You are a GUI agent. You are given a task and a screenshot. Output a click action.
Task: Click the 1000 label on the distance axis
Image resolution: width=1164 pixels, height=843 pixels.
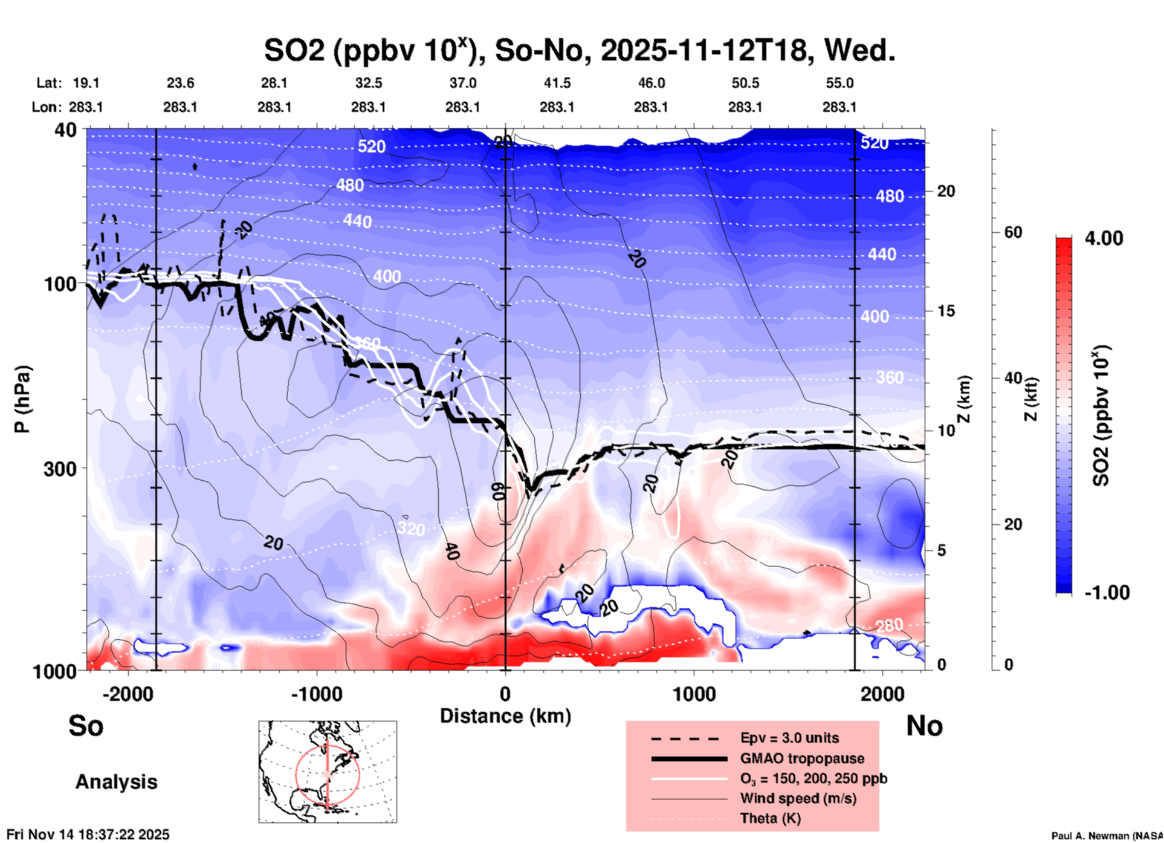[694, 694]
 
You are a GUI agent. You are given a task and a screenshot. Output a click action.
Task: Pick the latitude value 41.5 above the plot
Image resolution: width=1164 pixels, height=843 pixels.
[557, 83]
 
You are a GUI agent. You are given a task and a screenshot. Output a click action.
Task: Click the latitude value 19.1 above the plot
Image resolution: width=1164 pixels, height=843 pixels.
[86, 83]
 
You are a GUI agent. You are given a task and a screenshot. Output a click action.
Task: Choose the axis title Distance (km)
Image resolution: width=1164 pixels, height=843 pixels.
[505, 716]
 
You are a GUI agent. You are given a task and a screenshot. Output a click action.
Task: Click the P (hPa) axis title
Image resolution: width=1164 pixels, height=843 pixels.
[22, 399]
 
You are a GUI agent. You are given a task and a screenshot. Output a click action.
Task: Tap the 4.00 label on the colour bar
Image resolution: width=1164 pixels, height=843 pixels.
[1104, 238]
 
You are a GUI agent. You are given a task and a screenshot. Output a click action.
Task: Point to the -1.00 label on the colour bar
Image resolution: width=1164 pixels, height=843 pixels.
[1107, 592]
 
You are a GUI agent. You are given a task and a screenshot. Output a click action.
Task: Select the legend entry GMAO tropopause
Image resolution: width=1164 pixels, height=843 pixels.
[802, 758]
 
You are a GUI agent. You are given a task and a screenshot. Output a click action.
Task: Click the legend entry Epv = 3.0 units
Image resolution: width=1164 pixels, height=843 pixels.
[789, 738]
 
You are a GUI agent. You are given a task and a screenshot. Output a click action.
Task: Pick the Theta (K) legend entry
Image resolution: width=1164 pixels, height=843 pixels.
[770, 818]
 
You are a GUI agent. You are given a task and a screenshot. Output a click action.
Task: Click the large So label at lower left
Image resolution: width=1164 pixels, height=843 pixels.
[86, 726]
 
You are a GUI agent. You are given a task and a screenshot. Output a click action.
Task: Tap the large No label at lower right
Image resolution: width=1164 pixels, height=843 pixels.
[924, 726]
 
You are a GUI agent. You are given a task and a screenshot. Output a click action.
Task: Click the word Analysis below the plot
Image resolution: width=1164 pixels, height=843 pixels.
[116, 782]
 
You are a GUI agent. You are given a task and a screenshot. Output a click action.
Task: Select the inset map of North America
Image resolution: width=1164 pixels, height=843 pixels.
[328, 772]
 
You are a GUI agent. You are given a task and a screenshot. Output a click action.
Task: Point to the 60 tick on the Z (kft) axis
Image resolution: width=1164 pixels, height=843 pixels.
[1013, 232]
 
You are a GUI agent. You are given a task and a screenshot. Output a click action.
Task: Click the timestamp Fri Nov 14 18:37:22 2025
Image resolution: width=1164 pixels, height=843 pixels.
[88, 835]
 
